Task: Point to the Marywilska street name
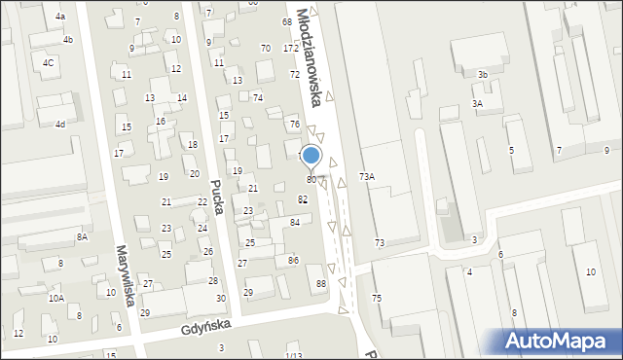click(x=124, y=274)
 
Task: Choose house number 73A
click(x=367, y=177)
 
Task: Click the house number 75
click(x=377, y=297)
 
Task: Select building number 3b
click(x=482, y=75)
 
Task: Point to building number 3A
click(x=477, y=103)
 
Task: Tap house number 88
click(x=321, y=283)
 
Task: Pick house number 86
click(x=293, y=260)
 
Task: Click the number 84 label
click(x=294, y=223)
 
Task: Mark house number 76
click(x=294, y=125)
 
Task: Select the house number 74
click(x=258, y=97)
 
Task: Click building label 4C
click(x=48, y=63)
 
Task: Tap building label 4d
click(x=59, y=125)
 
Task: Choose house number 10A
click(x=56, y=298)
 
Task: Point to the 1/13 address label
click(x=294, y=355)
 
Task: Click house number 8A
click(x=82, y=236)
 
